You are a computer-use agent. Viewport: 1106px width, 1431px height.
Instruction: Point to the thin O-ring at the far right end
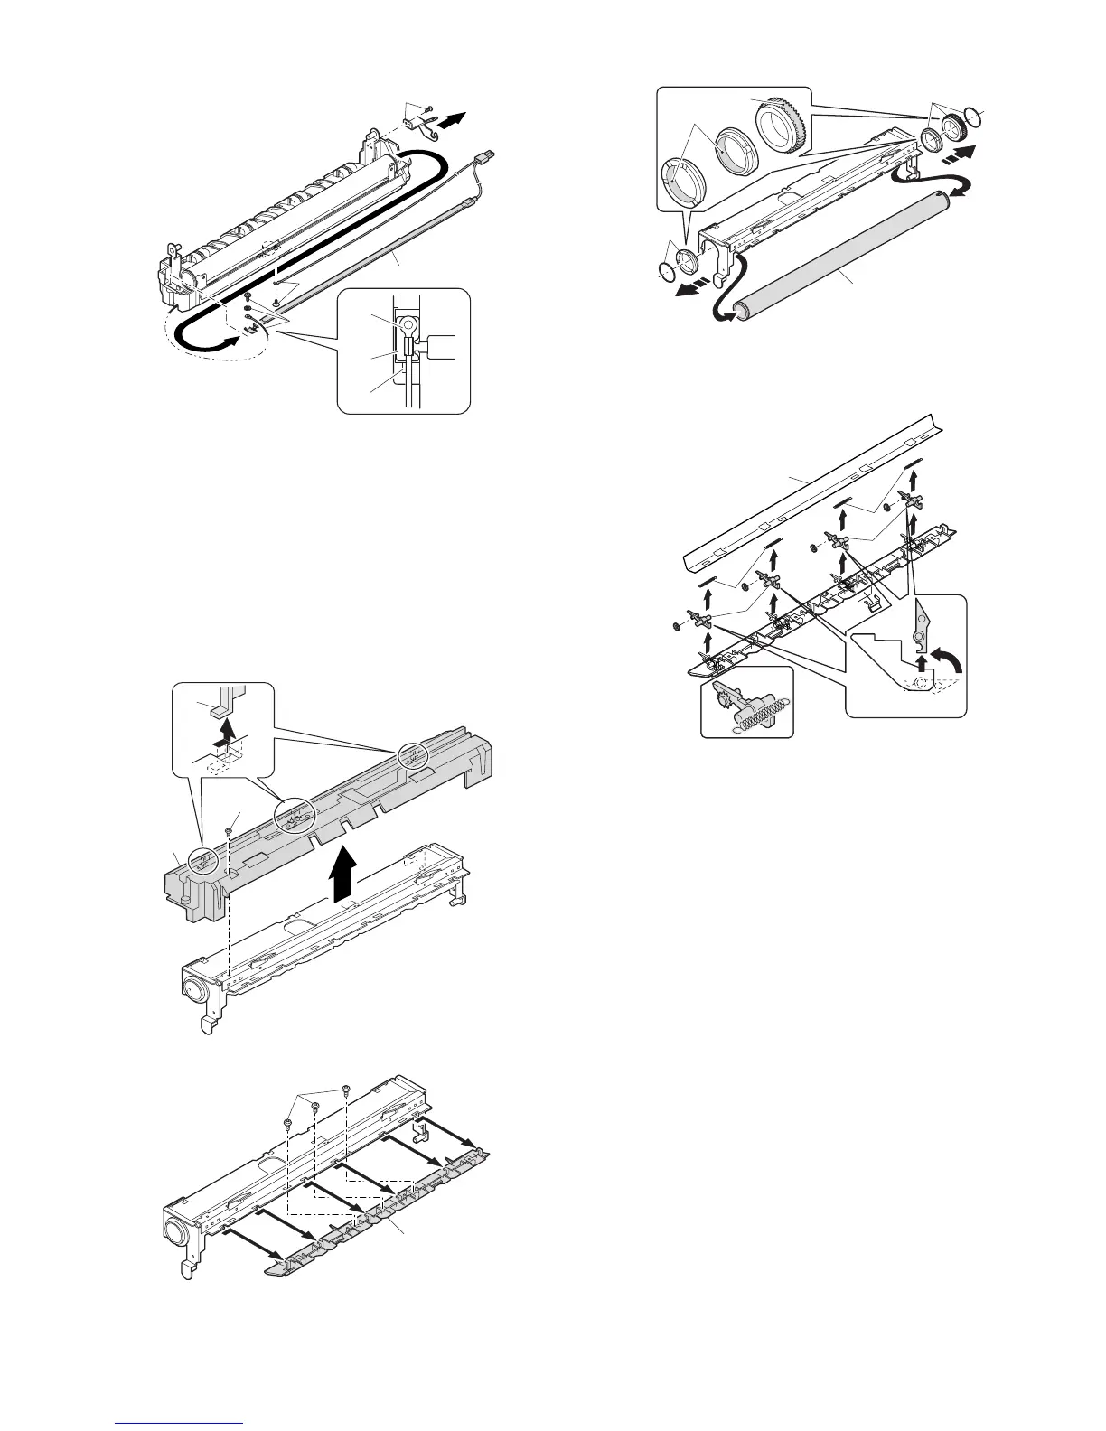(x=972, y=115)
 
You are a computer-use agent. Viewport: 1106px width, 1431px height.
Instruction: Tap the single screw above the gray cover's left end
(x=232, y=819)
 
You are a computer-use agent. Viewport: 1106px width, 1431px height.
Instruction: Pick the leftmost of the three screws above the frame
(x=286, y=1123)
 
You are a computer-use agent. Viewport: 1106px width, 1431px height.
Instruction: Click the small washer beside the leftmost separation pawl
(x=678, y=624)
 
